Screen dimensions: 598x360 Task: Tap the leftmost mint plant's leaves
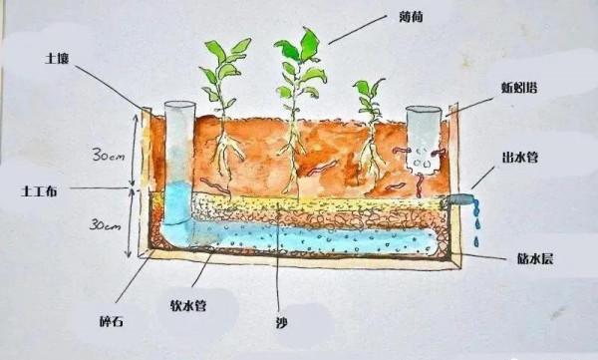221,70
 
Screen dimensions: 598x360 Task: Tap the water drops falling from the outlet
476,224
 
